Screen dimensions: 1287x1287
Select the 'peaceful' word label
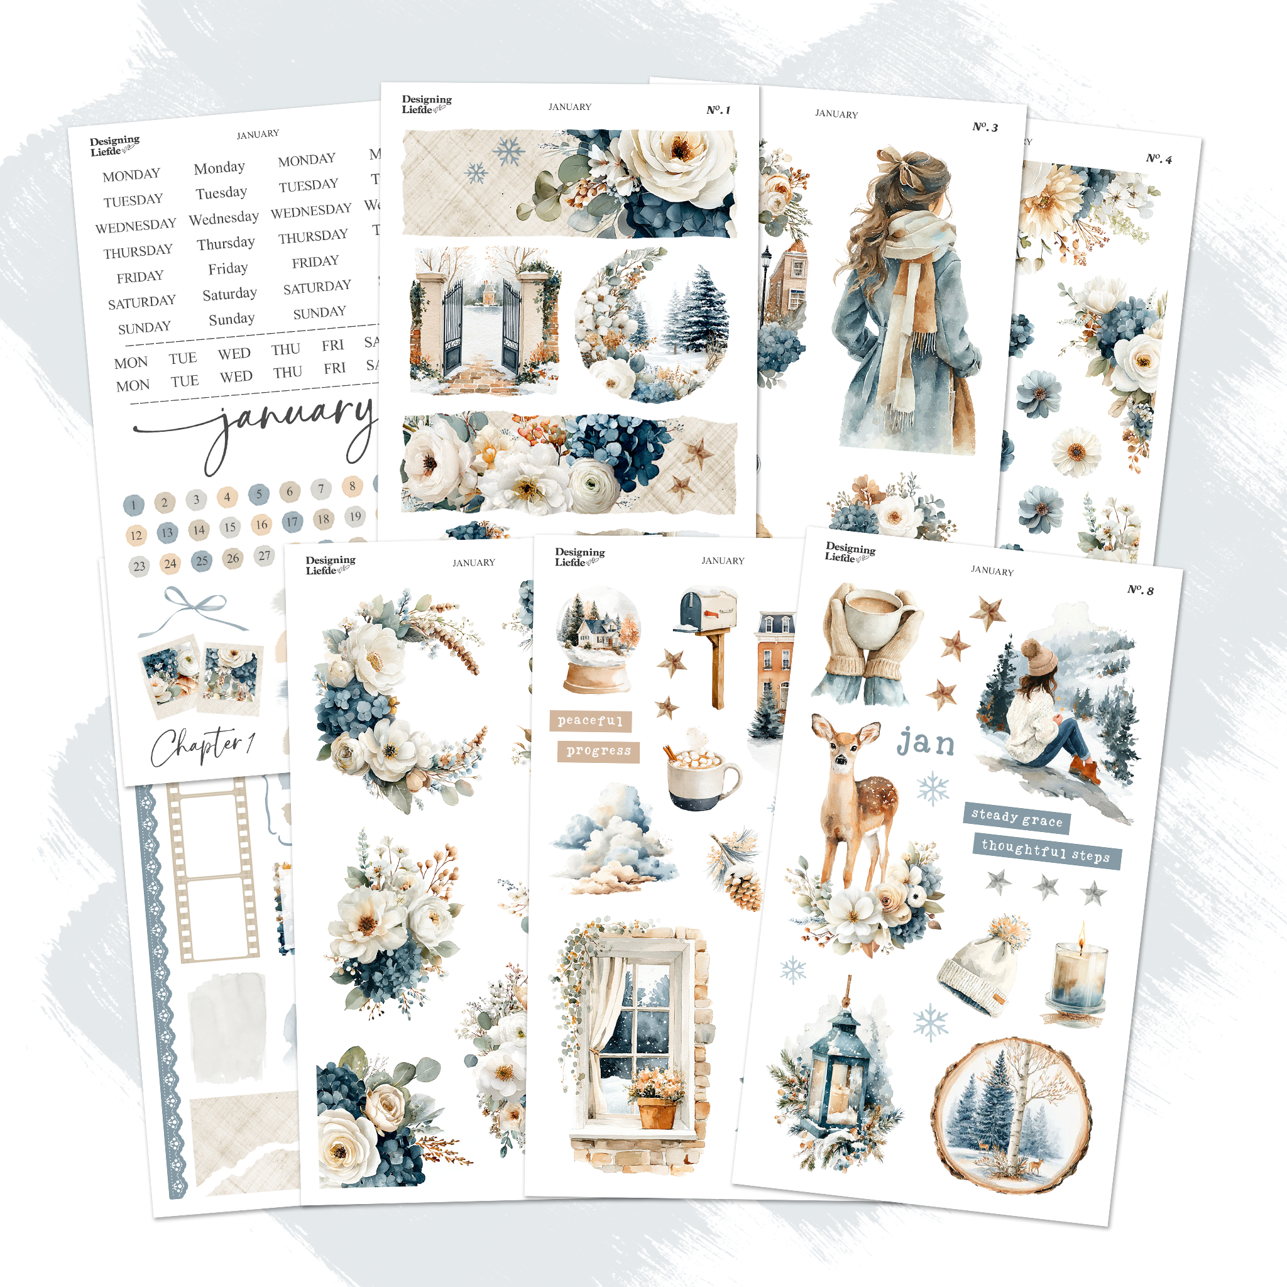(x=590, y=721)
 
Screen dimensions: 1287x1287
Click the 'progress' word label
(x=598, y=752)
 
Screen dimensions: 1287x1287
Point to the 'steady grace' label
(x=1017, y=818)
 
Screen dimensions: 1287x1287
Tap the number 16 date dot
(x=261, y=525)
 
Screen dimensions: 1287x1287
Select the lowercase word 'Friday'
(x=228, y=268)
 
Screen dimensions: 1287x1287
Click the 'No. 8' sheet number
(x=1141, y=590)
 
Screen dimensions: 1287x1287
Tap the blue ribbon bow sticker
(x=193, y=608)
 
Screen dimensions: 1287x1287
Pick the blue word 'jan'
(x=925, y=743)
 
